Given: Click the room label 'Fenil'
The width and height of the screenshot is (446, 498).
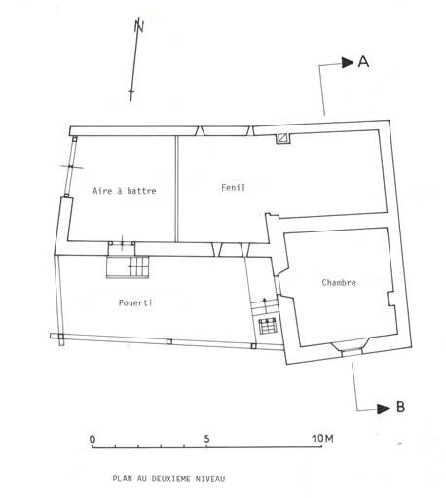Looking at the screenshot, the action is [233, 187].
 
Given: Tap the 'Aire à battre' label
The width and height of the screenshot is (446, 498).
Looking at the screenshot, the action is [125, 190].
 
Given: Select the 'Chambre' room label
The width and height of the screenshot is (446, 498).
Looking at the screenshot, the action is [339, 282].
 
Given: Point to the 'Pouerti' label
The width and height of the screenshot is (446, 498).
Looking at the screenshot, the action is [135, 302].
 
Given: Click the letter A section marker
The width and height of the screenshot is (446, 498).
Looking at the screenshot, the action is [363, 61].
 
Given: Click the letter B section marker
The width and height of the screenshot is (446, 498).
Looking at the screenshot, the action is [401, 407].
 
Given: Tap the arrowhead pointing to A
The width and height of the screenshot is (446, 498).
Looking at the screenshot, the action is [348, 62].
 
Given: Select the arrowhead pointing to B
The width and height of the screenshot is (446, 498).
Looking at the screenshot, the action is [383, 409].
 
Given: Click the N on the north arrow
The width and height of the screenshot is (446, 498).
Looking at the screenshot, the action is [139, 25].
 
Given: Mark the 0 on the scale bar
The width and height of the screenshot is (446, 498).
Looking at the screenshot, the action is [93, 439].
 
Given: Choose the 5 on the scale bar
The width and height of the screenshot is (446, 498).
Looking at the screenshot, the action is [206, 439].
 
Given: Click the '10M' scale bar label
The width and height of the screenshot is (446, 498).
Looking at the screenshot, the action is [322, 439].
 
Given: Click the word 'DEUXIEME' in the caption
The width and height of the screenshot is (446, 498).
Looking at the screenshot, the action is [171, 479].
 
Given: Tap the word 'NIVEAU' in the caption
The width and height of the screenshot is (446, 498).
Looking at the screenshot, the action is [210, 479].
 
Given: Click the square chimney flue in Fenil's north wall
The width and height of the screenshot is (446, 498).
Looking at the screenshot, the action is [283, 138].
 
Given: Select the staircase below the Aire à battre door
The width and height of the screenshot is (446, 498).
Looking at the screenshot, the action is [128, 267].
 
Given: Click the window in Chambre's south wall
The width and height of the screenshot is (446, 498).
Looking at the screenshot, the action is [352, 349].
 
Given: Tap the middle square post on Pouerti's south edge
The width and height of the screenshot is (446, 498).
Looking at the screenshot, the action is [168, 342].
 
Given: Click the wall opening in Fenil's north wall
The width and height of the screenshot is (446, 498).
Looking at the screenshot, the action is [225, 131].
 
